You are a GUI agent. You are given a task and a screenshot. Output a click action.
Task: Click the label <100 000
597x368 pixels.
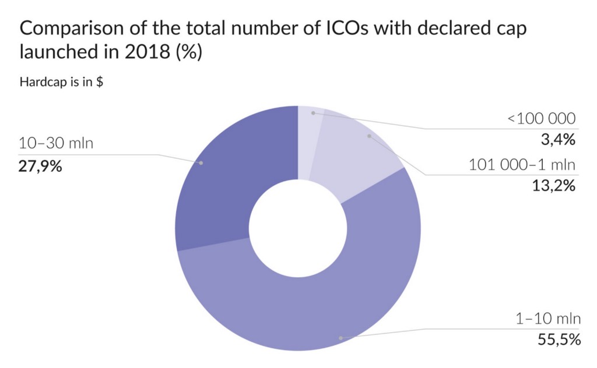(x=542, y=119)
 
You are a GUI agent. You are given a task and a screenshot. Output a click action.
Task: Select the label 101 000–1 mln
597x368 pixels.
(x=522, y=165)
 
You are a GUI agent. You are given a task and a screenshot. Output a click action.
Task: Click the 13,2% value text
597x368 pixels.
(x=554, y=186)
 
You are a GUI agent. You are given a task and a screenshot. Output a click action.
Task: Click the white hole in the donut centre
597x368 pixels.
(x=298, y=228)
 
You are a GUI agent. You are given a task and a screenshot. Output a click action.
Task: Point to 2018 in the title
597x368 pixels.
(x=143, y=52)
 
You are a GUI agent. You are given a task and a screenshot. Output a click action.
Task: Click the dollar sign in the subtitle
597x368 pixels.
(x=100, y=82)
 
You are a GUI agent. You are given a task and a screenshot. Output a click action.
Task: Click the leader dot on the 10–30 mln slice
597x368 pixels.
(x=201, y=163)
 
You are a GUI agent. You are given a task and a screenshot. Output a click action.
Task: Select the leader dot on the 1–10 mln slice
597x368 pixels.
(x=340, y=337)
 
